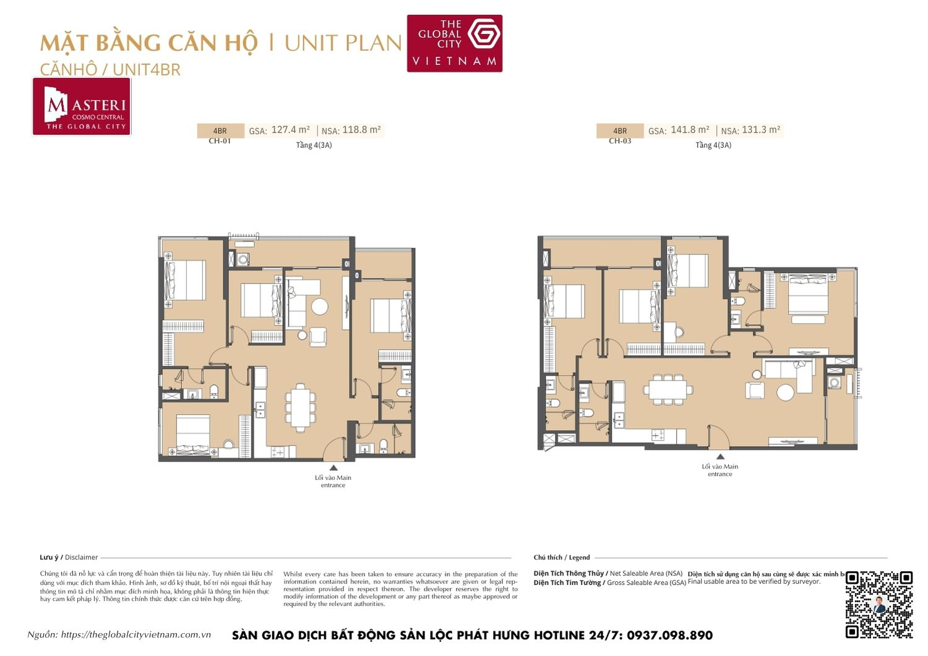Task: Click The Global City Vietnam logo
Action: (454, 43)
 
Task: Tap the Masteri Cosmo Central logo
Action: (82, 106)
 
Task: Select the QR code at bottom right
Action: (879, 604)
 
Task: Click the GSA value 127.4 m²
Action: (290, 130)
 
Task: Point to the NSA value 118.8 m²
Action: (361, 130)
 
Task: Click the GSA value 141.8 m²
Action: (690, 130)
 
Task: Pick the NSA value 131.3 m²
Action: (761, 130)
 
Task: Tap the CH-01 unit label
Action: (220, 141)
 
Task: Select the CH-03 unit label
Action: (620, 141)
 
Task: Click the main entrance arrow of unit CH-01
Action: (333, 468)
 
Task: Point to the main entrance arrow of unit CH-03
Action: (720, 457)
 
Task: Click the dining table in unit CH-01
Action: (299, 407)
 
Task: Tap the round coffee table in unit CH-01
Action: (320, 306)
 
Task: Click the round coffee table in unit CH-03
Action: (785, 392)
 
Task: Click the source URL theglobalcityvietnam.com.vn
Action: (136, 635)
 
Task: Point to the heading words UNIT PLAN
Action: (343, 43)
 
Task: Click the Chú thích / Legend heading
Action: (562, 558)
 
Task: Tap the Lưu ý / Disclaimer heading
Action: (69, 558)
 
